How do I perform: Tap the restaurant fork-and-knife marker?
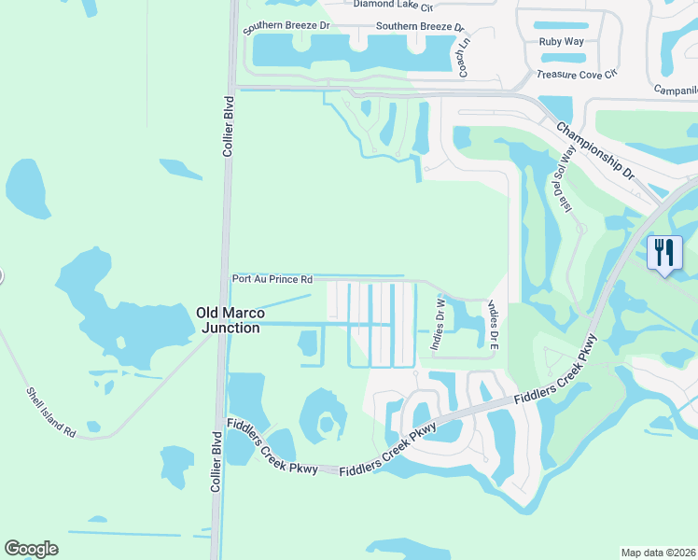pos(663,253)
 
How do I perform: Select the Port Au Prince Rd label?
pos(272,279)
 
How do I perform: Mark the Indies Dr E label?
pos(493,325)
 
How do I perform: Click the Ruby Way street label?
pos(562,42)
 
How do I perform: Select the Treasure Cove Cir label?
pos(578,74)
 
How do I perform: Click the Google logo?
pos(31,549)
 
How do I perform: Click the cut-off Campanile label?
pos(676,91)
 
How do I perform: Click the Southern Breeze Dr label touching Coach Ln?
pos(419,27)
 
